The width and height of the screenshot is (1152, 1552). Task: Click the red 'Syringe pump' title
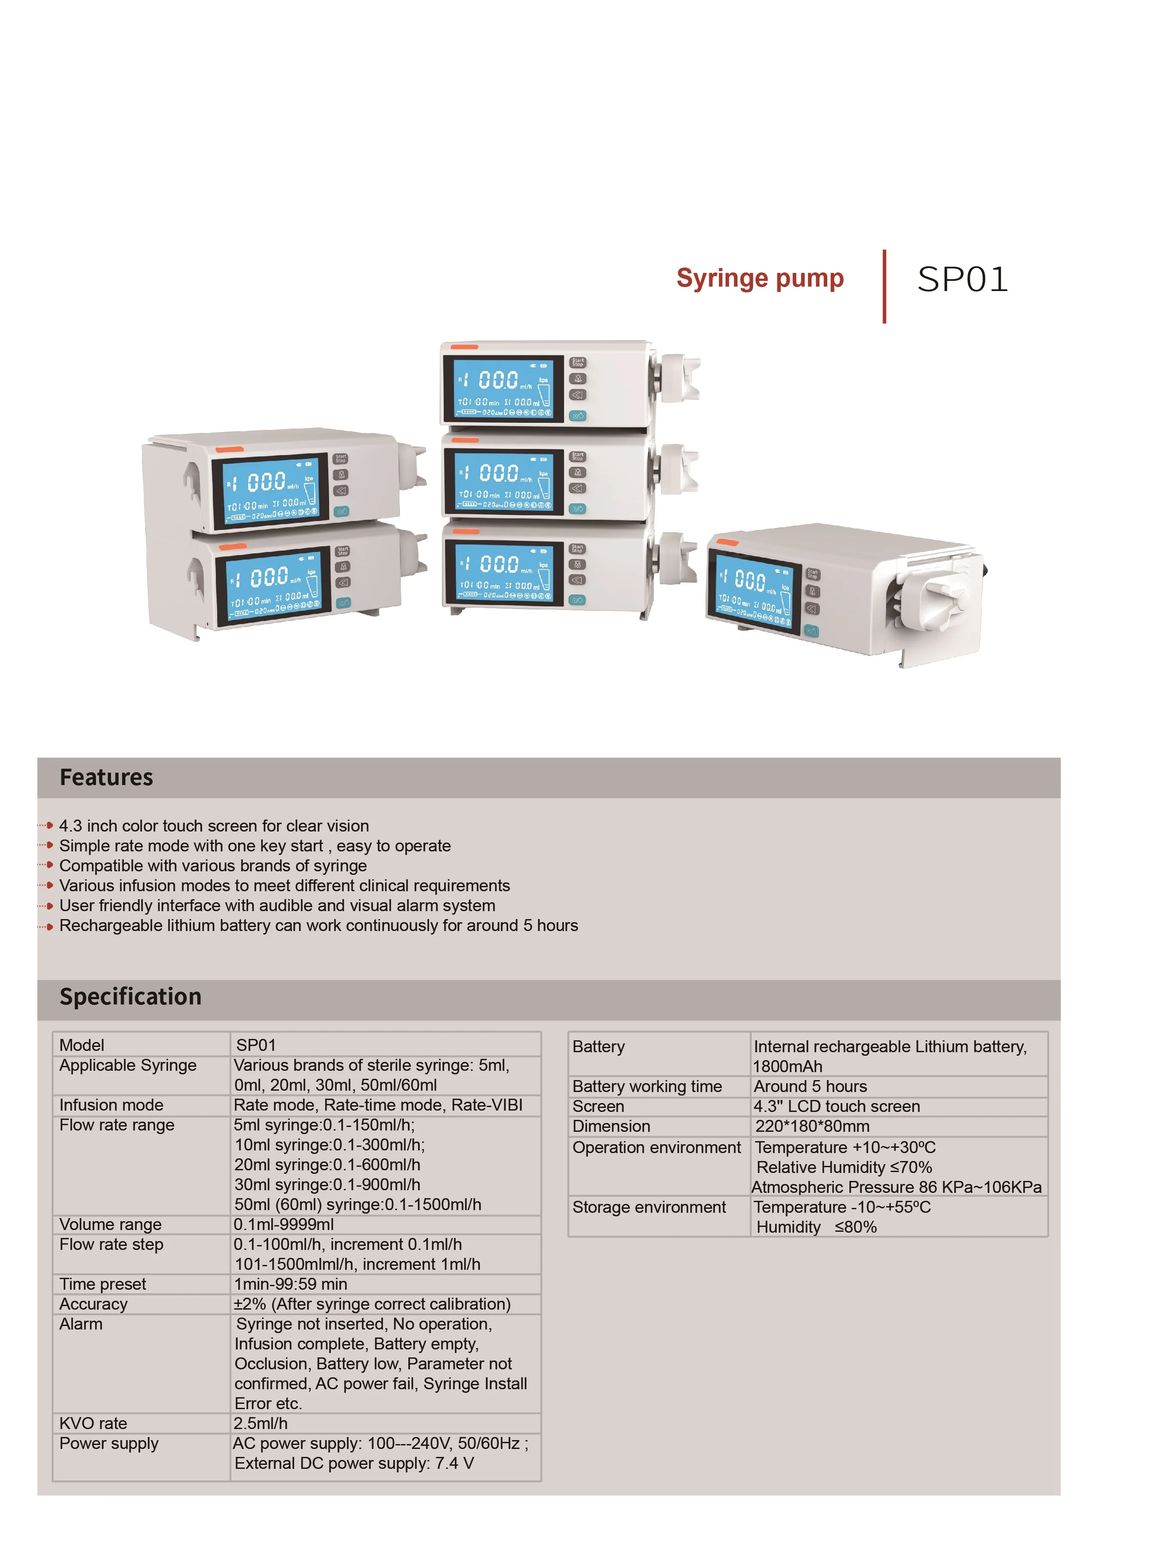[x=760, y=278]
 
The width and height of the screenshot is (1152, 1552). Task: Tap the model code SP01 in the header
[x=962, y=280]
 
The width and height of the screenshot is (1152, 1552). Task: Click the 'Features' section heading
[x=106, y=778]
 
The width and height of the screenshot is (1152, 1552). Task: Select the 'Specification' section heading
[x=131, y=996]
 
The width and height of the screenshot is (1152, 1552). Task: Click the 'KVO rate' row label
[x=93, y=1423]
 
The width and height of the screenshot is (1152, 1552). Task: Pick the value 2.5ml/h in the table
[x=261, y=1423]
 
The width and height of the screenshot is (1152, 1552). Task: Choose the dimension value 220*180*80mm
[x=812, y=1126]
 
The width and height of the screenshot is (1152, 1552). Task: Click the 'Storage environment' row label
[x=649, y=1207]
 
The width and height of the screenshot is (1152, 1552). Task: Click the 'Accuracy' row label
[x=93, y=1304]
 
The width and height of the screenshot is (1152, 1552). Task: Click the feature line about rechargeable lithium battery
[x=318, y=925]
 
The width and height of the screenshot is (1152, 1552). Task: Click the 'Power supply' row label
[x=109, y=1443]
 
